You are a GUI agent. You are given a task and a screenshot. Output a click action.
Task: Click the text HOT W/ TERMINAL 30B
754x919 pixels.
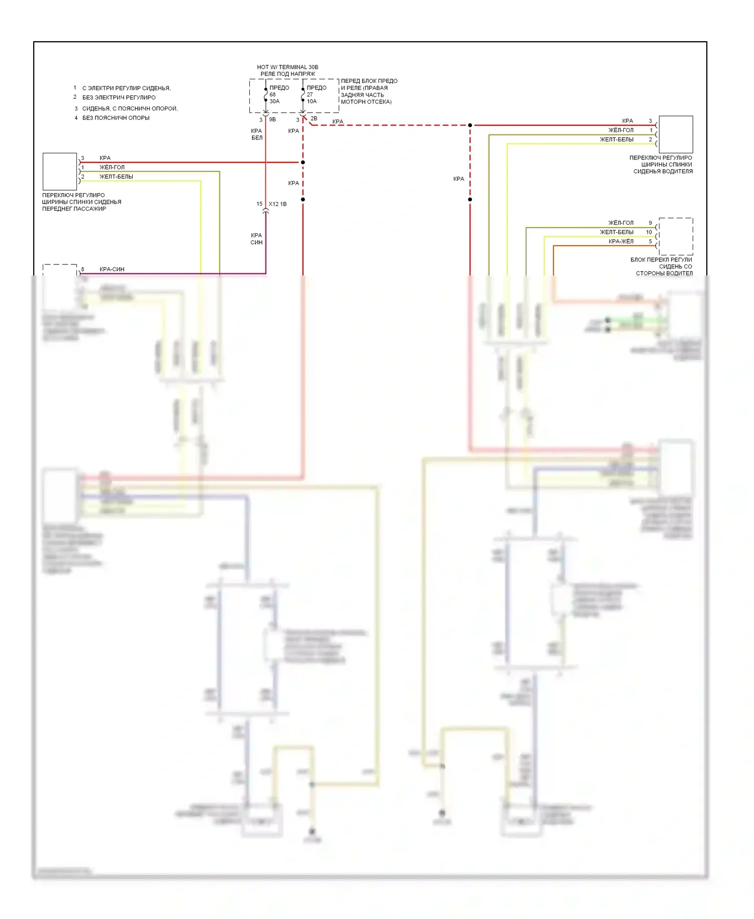[288, 67]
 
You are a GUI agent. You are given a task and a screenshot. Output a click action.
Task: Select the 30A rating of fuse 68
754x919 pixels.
[274, 101]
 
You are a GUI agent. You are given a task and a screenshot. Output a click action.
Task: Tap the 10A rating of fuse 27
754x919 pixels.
[312, 101]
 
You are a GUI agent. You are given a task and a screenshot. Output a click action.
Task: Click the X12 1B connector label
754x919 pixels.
[277, 204]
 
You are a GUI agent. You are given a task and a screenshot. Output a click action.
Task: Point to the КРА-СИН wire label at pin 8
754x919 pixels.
[112, 269]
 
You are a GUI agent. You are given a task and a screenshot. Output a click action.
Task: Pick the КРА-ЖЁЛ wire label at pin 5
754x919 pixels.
[621, 241]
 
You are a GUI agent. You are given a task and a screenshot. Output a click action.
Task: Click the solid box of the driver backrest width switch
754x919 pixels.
[676, 134]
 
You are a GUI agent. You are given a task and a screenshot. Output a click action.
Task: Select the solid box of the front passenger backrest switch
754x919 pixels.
[60, 171]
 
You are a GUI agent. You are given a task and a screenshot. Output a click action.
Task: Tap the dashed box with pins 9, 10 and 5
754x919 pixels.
[676, 236]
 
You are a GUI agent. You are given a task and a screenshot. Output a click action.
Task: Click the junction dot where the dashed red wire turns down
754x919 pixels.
[470, 125]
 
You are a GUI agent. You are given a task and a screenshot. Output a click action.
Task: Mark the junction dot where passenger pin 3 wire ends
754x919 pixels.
[303, 162]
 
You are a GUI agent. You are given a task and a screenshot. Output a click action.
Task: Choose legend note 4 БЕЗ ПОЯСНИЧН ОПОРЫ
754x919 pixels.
[116, 118]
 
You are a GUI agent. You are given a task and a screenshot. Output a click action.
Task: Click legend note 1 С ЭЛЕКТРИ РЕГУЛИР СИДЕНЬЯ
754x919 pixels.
[126, 88]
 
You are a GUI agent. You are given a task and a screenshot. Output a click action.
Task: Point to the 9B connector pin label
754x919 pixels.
[272, 120]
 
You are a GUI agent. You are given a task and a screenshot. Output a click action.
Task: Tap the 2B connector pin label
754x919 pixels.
[314, 119]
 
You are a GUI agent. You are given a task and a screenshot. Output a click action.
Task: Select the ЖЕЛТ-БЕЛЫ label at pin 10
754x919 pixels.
[616, 232]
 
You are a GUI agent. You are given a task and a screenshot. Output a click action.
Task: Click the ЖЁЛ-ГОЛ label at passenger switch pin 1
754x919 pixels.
[112, 167]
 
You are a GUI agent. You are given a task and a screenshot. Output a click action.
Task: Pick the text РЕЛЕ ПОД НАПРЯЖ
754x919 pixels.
[288, 74]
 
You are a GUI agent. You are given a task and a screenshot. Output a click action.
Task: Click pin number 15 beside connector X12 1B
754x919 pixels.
[259, 204]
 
